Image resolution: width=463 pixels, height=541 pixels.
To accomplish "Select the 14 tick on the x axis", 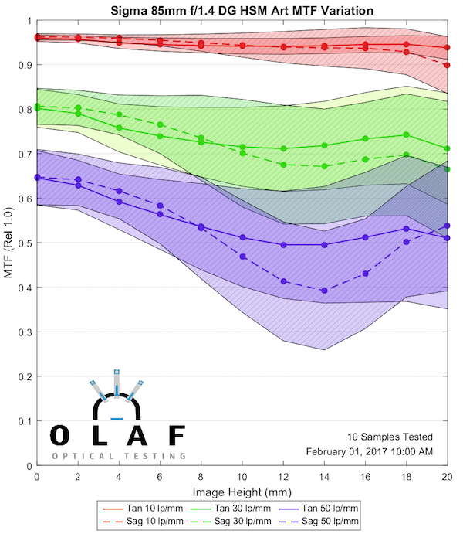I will [324, 478].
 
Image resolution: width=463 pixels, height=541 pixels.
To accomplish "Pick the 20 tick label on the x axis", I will [447, 478].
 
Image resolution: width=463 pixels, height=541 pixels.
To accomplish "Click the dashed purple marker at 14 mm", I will [324, 291].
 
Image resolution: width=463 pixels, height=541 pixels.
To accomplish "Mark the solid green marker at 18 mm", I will [406, 134].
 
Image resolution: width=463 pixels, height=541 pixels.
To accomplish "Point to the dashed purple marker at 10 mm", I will [242, 257].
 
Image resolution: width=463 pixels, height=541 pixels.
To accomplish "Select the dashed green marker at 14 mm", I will [324, 166].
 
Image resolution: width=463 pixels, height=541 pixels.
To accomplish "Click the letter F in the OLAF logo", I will [177, 436].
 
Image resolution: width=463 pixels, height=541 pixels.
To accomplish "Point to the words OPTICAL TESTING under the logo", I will [119, 456].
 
